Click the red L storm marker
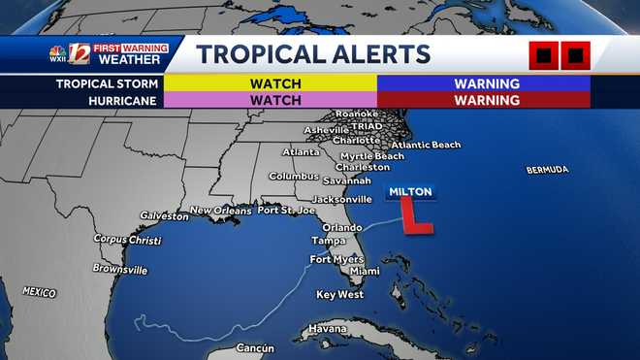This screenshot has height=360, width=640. pyautogui.click(x=416, y=216)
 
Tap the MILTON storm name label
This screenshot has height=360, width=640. pyautogui.click(x=410, y=191)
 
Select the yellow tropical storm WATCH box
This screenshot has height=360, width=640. pyautogui.click(x=269, y=83)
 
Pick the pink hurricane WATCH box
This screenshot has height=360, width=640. pyautogui.click(x=269, y=99)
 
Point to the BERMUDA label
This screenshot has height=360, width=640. pyautogui.click(x=547, y=170)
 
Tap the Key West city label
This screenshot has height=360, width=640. pyautogui.click(x=339, y=294)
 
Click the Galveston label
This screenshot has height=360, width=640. pyautogui.click(x=164, y=215)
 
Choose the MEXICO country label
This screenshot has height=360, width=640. pyautogui.click(x=39, y=292)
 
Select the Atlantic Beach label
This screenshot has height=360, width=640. pyautogui.click(x=426, y=146)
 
